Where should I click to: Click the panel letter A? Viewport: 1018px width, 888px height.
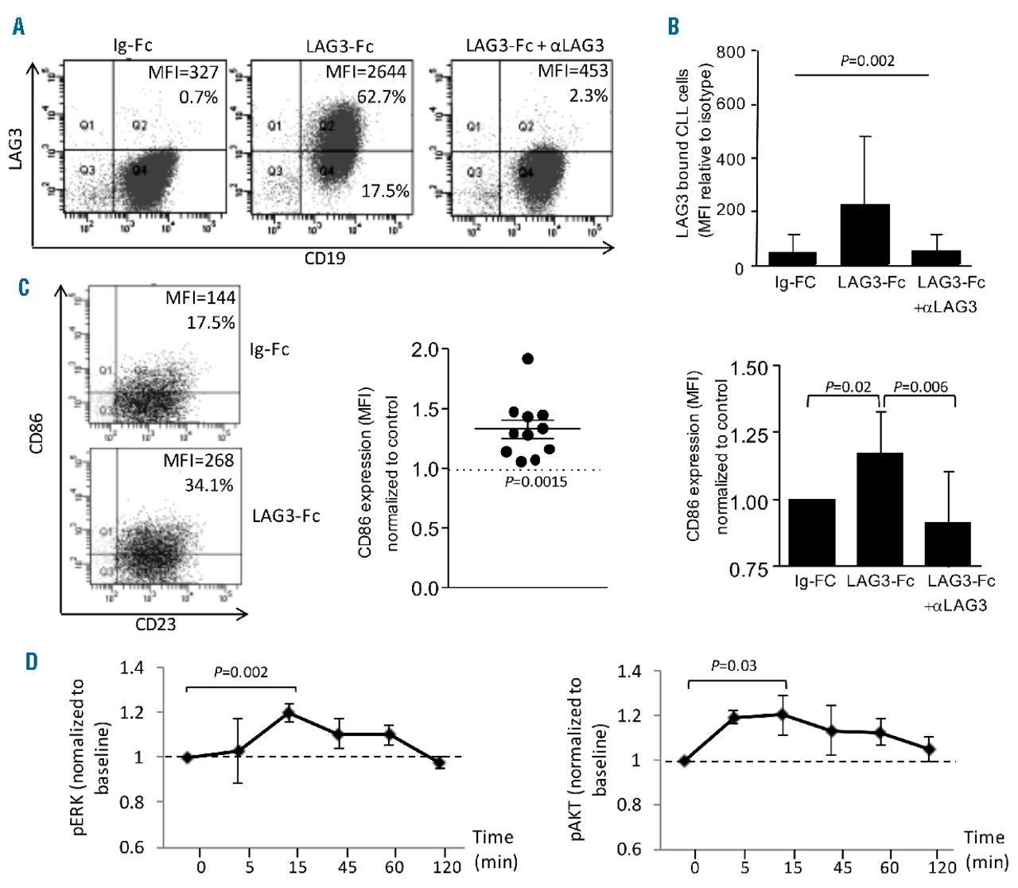pyautogui.click(x=18, y=26)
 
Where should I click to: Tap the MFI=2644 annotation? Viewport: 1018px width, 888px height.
pyautogui.click(x=366, y=72)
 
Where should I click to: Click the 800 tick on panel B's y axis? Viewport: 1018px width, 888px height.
pyautogui.click(x=730, y=53)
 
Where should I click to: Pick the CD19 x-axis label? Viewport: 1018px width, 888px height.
pyautogui.click(x=325, y=258)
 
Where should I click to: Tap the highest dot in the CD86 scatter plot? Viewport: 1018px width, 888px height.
pyautogui.click(x=527, y=359)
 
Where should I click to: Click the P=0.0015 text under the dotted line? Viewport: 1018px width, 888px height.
pyautogui.click(x=536, y=481)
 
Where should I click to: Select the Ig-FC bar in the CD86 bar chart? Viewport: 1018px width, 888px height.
pyautogui.click(x=813, y=533)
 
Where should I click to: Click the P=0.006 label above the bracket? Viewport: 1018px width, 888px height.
pyautogui.click(x=921, y=387)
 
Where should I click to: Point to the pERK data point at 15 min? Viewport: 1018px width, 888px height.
pyautogui.click(x=289, y=712)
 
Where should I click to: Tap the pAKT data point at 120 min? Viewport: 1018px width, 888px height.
pyautogui.click(x=927, y=750)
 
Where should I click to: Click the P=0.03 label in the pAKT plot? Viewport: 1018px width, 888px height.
pyautogui.click(x=733, y=665)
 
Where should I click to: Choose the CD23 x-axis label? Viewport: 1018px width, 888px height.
pyautogui.click(x=155, y=625)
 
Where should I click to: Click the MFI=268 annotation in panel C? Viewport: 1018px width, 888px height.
pyautogui.click(x=199, y=461)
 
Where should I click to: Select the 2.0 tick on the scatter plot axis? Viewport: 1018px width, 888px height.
pyautogui.click(x=425, y=350)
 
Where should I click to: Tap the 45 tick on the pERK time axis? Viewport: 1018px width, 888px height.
pyautogui.click(x=347, y=867)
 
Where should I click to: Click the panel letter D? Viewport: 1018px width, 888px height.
pyautogui.click(x=31, y=661)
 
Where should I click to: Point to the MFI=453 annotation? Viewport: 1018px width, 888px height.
pyautogui.click(x=573, y=71)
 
